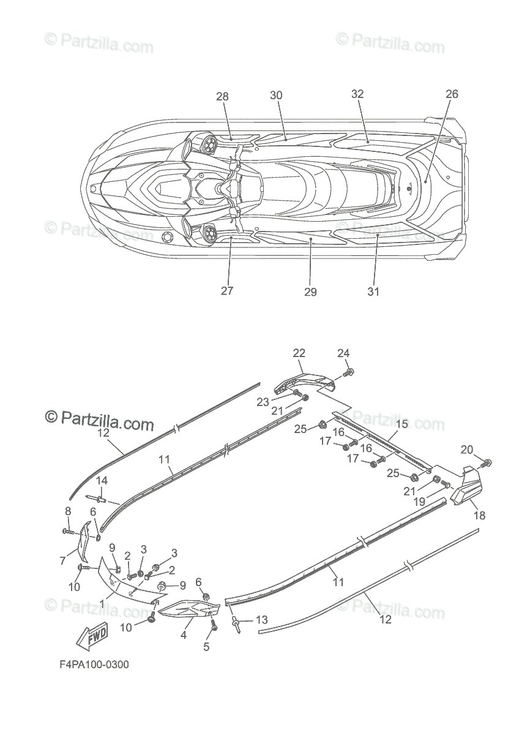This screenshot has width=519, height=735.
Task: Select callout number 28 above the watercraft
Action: (222, 96)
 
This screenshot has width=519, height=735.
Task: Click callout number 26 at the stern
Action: (452, 94)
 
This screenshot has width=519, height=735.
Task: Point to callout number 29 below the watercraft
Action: (310, 292)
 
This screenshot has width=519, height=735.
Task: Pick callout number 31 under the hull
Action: (373, 292)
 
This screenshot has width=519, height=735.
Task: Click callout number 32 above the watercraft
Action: (357, 94)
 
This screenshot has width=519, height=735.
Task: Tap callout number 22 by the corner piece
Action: (299, 353)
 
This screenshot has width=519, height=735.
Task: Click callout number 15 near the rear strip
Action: (401, 424)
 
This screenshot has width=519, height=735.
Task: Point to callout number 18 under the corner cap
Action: (479, 516)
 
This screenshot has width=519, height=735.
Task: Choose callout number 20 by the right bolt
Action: (466, 449)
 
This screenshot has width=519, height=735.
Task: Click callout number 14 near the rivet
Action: (102, 480)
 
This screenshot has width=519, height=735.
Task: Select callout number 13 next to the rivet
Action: (261, 620)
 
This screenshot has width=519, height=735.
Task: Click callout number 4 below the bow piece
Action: (183, 636)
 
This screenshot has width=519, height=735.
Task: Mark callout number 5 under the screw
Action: (206, 646)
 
